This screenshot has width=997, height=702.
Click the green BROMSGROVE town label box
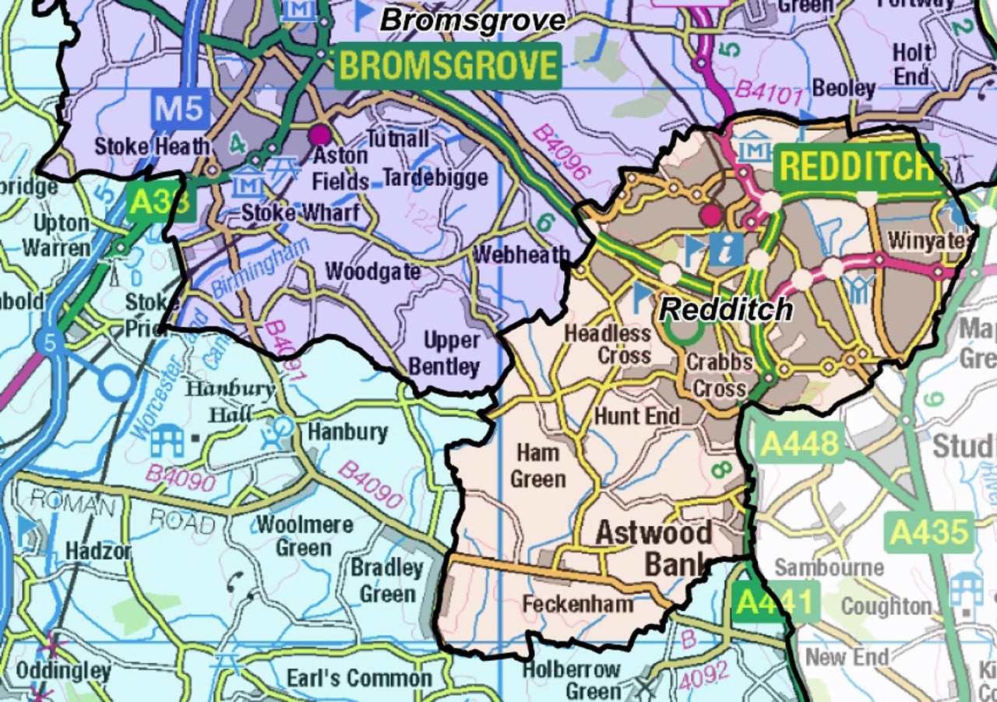[x=449, y=66]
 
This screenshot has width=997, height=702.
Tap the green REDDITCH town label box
[x=857, y=166]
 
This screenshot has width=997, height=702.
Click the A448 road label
[x=800, y=444]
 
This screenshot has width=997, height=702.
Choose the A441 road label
[x=776, y=602]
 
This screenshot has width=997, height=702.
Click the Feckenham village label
[x=577, y=604]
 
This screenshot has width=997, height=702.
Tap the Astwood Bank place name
[x=654, y=548]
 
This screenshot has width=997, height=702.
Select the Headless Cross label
[x=608, y=344]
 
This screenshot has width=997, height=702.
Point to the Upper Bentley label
[x=452, y=353]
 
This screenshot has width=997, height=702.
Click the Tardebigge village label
[x=435, y=177]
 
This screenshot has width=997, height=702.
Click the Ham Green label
[x=537, y=465]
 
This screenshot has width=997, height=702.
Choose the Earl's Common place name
[x=358, y=678]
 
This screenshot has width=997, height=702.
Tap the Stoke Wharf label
[x=300, y=212]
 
